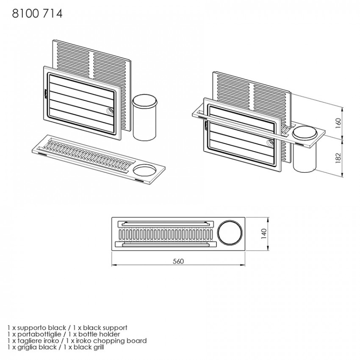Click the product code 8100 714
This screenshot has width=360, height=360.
coord(37,14)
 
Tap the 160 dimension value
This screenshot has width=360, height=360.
coord(338,123)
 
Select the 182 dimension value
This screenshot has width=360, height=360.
coord(338,158)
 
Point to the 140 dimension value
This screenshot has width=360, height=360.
coord(264,234)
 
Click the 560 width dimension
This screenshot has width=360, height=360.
coord(178,261)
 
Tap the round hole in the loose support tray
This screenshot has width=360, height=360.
coord(145,171)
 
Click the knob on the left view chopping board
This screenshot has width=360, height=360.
coord(110,111)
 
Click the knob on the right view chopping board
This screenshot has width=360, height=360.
coord(270,143)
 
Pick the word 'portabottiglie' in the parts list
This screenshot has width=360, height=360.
coord(39,334)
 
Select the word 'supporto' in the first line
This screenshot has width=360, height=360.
coord(32,328)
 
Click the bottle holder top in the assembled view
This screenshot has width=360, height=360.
coord(305,133)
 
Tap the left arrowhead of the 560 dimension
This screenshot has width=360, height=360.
coord(114,265)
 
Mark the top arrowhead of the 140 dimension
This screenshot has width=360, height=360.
coord(268,219)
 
